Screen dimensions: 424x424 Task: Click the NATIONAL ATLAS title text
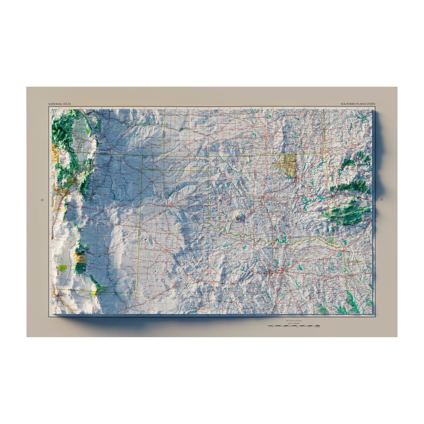[60, 104]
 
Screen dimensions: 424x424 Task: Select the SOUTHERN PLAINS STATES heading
[358, 104]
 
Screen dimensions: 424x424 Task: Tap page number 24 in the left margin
[42, 200]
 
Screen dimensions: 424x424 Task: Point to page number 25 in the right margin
[381, 200]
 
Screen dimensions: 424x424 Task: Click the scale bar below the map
[294, 326]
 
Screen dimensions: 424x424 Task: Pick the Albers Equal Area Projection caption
[294, 322]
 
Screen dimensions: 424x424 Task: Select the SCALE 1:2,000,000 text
[294, 323]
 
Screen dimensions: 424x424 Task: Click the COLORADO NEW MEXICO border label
[104, 154]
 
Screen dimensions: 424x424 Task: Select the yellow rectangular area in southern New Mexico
[80, 258]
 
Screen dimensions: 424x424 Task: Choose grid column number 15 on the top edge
[368, 108]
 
